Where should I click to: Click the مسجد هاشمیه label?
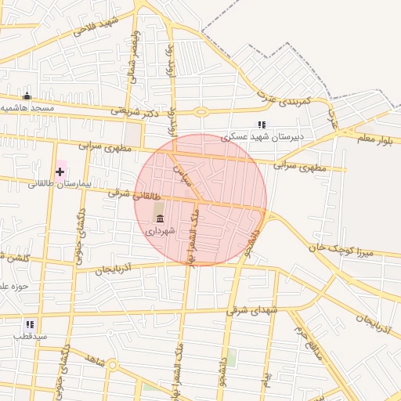(x=27, y=107)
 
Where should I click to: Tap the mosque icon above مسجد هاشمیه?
(x=27, y=96)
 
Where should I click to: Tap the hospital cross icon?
(x=60, y=171)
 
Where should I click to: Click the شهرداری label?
(x=160, y=232)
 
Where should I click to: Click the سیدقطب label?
(x=30, y=335)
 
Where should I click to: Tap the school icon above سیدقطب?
(x=30, y=323)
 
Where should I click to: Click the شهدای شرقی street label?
(x=252, y=310)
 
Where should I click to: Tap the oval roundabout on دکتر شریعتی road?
(x=201, y=111)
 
